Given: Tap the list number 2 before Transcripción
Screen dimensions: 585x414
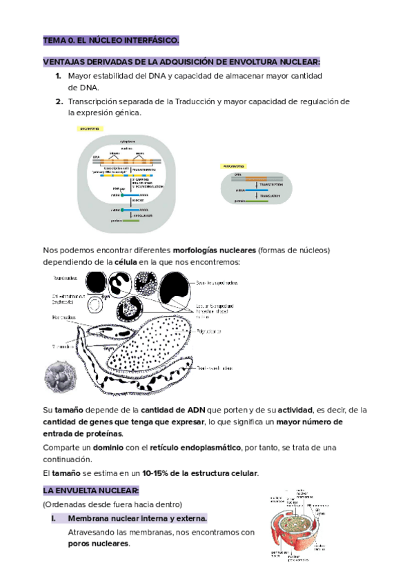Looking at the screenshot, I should [x=59, y=101].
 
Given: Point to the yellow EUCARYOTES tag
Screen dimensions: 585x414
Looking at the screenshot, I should [x=91, y=128].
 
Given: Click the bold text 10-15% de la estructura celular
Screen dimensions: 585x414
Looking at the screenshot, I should [x=200, y=473].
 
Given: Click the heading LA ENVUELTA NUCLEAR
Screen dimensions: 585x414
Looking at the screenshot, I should [x=90, y=490].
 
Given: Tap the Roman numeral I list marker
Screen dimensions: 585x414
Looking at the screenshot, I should [x=53, y=518].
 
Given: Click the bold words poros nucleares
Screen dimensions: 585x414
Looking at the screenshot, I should [x=98, y=544].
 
